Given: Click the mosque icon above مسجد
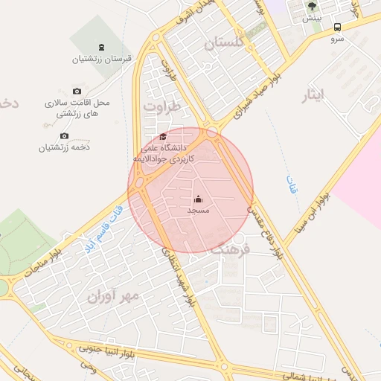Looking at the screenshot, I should (x=198, y=199).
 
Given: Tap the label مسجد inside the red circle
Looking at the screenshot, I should (x=198, y=211).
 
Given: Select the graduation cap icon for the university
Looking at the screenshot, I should (x=163, y=136).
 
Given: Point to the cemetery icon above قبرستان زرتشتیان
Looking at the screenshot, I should (x=101, y=47).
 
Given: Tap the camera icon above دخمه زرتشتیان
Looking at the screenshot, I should (x=64, y=135).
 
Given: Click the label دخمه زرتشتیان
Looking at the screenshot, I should (x=65, y=147).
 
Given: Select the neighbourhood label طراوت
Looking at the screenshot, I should (x=162, y=107).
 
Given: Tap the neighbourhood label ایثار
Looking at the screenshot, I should (x=315, y=95).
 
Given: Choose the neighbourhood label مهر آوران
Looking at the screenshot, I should (x=113, y=297).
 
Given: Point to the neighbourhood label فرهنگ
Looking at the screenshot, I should (x=227, y=249).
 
